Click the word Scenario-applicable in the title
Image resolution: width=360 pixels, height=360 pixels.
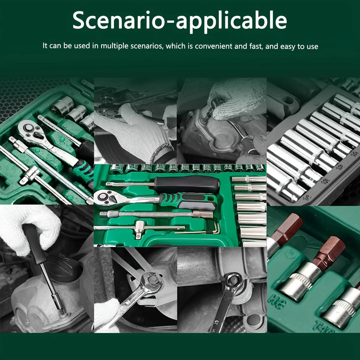coord(180,21)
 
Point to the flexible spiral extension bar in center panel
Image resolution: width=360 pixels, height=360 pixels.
coord(155,214)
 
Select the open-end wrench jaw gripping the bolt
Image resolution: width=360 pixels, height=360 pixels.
coord(151,281)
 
